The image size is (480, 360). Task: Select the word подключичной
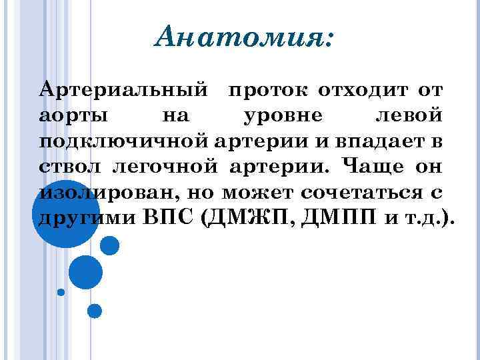pos(126,142)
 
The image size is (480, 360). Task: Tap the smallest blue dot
pos(61,292)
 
